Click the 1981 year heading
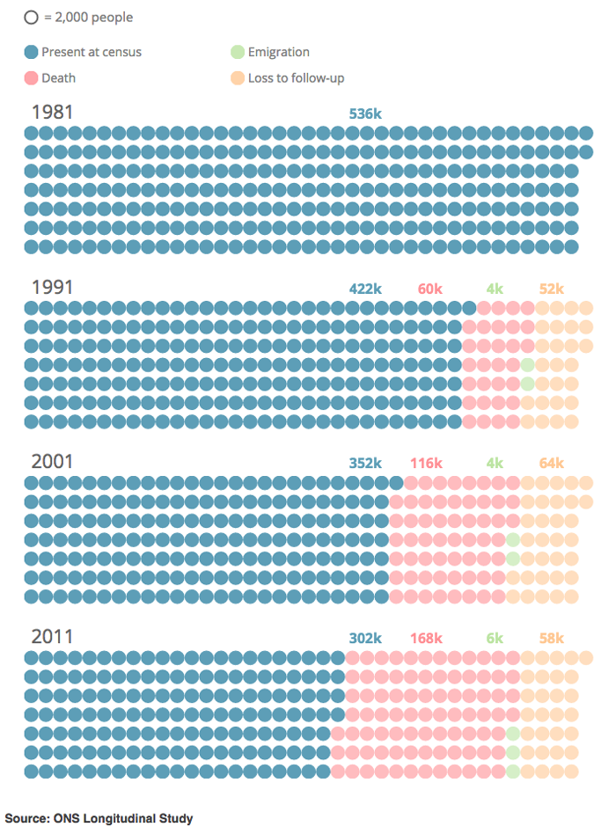tap(52, 113)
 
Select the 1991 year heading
tap(52, 288)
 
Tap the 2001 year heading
tap(52, 462)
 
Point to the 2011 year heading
tap(52, 636)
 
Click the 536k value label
tap(365, 113)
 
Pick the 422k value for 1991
tap(365, 289)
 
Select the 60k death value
tap(430, 289)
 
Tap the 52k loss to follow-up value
tap(551, 289)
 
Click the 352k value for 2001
tap(365, 463)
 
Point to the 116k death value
tap(426, 463)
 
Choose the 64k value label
tap(551, 463)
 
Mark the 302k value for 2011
tap(365, 638)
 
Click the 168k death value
tap(426, 638)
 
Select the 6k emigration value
tap(495, 638)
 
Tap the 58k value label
tap(551, 638)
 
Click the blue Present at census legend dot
tap(31, 52)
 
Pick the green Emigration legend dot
tap(238, 52)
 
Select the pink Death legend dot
tap(31, 77)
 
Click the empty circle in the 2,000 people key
tap(31, 17)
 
